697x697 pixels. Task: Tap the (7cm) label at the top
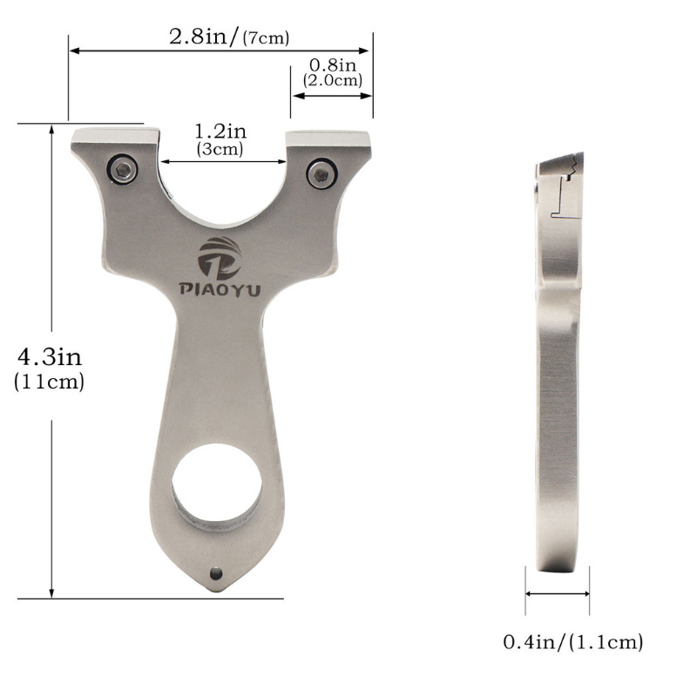click(267, 37)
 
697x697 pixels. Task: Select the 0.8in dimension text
click(332, 65)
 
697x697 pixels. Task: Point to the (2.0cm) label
click(332, 80)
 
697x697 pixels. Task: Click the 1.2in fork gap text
click(220, 132)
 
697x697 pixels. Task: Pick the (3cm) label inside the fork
click(220, 149)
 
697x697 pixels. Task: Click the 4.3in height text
click(50, 357)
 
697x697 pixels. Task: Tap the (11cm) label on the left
click(50, 382)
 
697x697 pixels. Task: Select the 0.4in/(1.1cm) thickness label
click(572, 643)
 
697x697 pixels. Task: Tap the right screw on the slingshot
click(321, 173)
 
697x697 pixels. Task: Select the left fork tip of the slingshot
click(116, 138)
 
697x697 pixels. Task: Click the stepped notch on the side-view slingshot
click(564, 187)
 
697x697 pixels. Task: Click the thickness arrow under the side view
click(558, 594)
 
